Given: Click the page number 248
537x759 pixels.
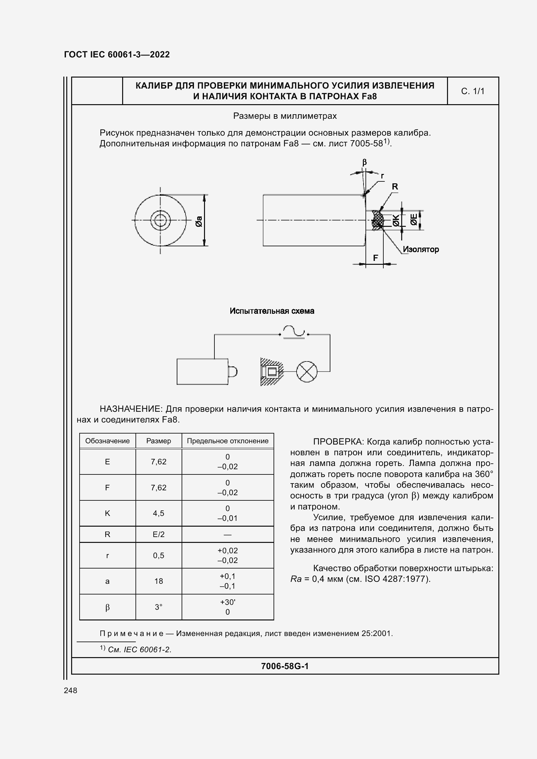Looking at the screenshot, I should coord(70,690).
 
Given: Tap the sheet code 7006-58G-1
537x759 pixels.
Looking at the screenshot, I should coord(285,666).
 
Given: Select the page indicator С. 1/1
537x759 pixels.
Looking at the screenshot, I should coord(472,91).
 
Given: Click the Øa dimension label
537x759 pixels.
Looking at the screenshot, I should coord(199,221).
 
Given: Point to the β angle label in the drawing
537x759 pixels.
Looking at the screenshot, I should coord(364,162).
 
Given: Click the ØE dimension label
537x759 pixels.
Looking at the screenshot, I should coord(414,219).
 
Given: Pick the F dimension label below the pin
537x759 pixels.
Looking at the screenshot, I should coord(376,258).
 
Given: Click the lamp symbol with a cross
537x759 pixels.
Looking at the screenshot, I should coord(306,372).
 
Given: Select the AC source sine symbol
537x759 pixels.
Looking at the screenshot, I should coord(294,332).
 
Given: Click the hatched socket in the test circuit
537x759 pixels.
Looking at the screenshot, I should coord(271,372).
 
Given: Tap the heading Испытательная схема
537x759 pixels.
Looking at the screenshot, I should coord(272,311).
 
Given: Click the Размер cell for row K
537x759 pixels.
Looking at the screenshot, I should coord(159,513).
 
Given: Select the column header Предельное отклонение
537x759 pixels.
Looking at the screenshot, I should coord(227,441).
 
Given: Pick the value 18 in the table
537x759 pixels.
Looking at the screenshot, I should coord(159,581).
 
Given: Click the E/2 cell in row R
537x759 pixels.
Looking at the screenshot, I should coord(159,534).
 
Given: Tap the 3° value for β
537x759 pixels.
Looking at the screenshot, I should coord(159,607).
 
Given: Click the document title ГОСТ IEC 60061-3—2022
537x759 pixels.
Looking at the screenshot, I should coord(117,55).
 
